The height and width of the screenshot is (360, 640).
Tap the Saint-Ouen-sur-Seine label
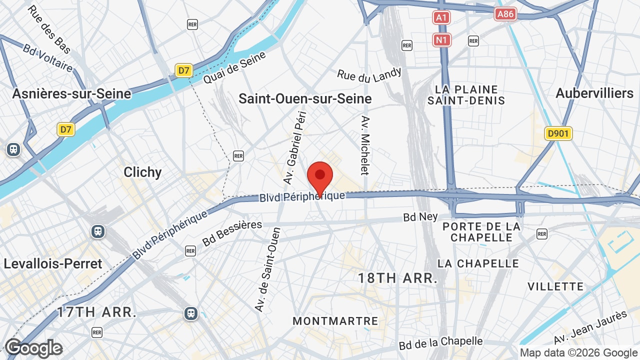pyautogui.click(x=305, y=98)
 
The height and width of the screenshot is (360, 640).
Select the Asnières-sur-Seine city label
pyautogui.click(x=71, y=93)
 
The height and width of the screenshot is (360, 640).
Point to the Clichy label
pyautogui.click(x=142, y=172)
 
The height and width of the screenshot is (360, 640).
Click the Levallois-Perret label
pyautogui.click(x=53, y=263)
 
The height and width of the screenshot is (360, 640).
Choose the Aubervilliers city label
pyautogui.click(x=594, y=93)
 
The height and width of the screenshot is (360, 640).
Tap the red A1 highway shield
pyautogui.click(x=441, y=18)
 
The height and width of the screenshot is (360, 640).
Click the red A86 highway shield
pyautogui.click(x=505, y=14)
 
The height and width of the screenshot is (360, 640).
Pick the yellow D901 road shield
pyautogui.click(x=558, y=133)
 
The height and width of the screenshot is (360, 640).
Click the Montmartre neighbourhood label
pyautogui.click(x=335, y=321)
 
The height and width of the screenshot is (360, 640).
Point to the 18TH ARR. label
pyautogui.click(x=397, y=278)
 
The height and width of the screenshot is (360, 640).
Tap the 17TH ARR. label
pyautogui.click(x=96, y=312)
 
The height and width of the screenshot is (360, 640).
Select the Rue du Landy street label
pyautogui.click(x=369, y=74)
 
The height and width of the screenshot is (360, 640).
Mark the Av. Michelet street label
pyautogui.click(x=365, y=145)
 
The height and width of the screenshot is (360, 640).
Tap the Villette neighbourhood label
pyautogui.click(x=555, y=286)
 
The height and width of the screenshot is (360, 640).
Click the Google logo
pyautogui.click(x=33, y=348)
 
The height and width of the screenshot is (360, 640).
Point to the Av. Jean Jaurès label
pyautogui.click(x=590, y=327)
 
